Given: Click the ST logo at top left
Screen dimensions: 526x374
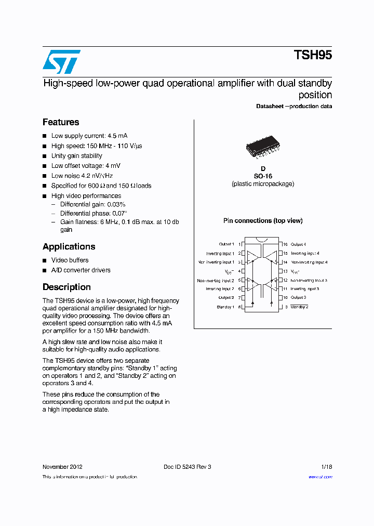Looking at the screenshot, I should [61, 62].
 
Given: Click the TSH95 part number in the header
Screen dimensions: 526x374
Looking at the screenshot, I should [313, 56].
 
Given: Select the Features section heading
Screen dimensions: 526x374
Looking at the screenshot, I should [61, 122].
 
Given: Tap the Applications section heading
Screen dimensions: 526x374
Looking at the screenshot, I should [69, 246].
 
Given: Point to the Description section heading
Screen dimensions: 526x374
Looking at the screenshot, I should [66, 287].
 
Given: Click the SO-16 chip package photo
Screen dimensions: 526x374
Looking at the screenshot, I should [262, 147].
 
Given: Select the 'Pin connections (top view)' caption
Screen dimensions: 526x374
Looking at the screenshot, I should [263, 221].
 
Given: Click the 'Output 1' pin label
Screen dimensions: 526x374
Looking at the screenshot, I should [226, 244].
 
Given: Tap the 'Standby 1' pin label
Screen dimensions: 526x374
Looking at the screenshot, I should [225, 307].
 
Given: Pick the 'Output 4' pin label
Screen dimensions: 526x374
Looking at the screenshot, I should [298, 244].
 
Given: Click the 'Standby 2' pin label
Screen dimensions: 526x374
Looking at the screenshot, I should [299, 307].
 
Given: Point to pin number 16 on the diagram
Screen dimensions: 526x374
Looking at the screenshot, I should [285, 244].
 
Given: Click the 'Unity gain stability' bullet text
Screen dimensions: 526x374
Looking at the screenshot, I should [76, 156].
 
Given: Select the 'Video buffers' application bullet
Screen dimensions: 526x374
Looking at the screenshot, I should [70, 260].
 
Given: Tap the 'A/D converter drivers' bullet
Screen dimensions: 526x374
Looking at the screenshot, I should [81, 270].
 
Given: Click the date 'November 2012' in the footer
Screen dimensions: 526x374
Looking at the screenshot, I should [62, 467].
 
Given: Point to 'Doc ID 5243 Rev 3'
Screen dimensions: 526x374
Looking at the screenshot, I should [187, 467].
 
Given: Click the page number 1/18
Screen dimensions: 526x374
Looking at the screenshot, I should [326, 467].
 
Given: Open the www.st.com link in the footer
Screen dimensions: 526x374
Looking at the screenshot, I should [320, 477].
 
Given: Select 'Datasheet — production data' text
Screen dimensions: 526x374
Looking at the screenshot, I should [294, 107].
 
